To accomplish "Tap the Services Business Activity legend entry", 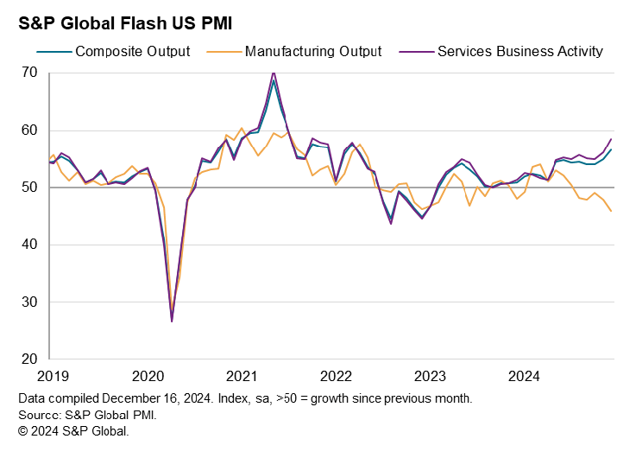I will tap(520, 51).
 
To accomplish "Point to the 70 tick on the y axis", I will tap(30, 73).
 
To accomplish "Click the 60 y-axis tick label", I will tap(30, 130).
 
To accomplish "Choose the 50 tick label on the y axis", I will tap(30, 188).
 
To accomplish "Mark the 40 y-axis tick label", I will tap(30, 245).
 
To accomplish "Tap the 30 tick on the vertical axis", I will tap(30, 302).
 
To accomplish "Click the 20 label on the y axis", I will tap(30, 359).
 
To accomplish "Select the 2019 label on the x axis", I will tap(53, 376).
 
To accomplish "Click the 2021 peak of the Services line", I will tap(274, 73).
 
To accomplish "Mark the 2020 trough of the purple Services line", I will tap(172, 321).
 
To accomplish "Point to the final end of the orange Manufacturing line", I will tap(612, 211).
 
